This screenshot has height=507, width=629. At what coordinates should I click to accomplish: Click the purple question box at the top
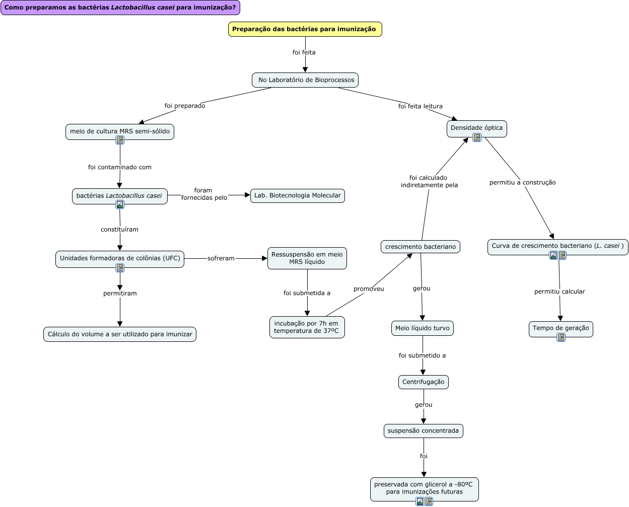click(x=120, y=8)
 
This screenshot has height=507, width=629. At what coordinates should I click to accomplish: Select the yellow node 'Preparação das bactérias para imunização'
click(x=305, y=29)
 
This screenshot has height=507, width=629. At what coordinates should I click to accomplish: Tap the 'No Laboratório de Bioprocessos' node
click(x=305, y=80)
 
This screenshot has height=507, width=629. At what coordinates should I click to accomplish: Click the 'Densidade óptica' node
click(x=476, y=127)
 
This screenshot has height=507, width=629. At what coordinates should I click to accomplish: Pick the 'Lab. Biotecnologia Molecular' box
click(x=297, y=195)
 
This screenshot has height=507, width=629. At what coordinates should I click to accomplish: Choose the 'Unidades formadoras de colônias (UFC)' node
click(x=120, y=258)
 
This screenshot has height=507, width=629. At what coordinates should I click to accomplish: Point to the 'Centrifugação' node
click(x=423, y=382)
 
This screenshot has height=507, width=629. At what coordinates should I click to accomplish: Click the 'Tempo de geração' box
click(x=561, y=328)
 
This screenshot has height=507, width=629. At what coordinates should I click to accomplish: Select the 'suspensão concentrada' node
click(x=423, y=430)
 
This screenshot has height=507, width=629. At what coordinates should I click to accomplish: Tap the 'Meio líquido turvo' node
click(x=423, y=328)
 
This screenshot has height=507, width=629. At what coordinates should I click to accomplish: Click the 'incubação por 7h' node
click(x=307, y=327)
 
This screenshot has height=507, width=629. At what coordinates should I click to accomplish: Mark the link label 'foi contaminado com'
click(x=120, y=167)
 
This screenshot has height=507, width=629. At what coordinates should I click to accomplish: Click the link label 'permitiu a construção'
click(x=522, y=182)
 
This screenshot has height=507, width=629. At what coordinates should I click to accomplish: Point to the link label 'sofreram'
click(x=221, y=258)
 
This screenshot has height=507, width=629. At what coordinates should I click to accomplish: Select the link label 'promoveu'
click(x=369, y=289)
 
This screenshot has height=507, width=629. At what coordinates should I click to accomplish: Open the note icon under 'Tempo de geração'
click(x=561, y=337)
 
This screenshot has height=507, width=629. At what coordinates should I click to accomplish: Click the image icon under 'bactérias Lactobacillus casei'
click(x=120, y=204)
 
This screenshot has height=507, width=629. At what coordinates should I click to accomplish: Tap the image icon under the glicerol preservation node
click(x=420, y=501)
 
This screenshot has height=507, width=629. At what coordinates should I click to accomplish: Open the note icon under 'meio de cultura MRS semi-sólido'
click(x=120, y=140)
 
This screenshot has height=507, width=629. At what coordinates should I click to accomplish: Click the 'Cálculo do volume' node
click(x=120, y=334)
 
